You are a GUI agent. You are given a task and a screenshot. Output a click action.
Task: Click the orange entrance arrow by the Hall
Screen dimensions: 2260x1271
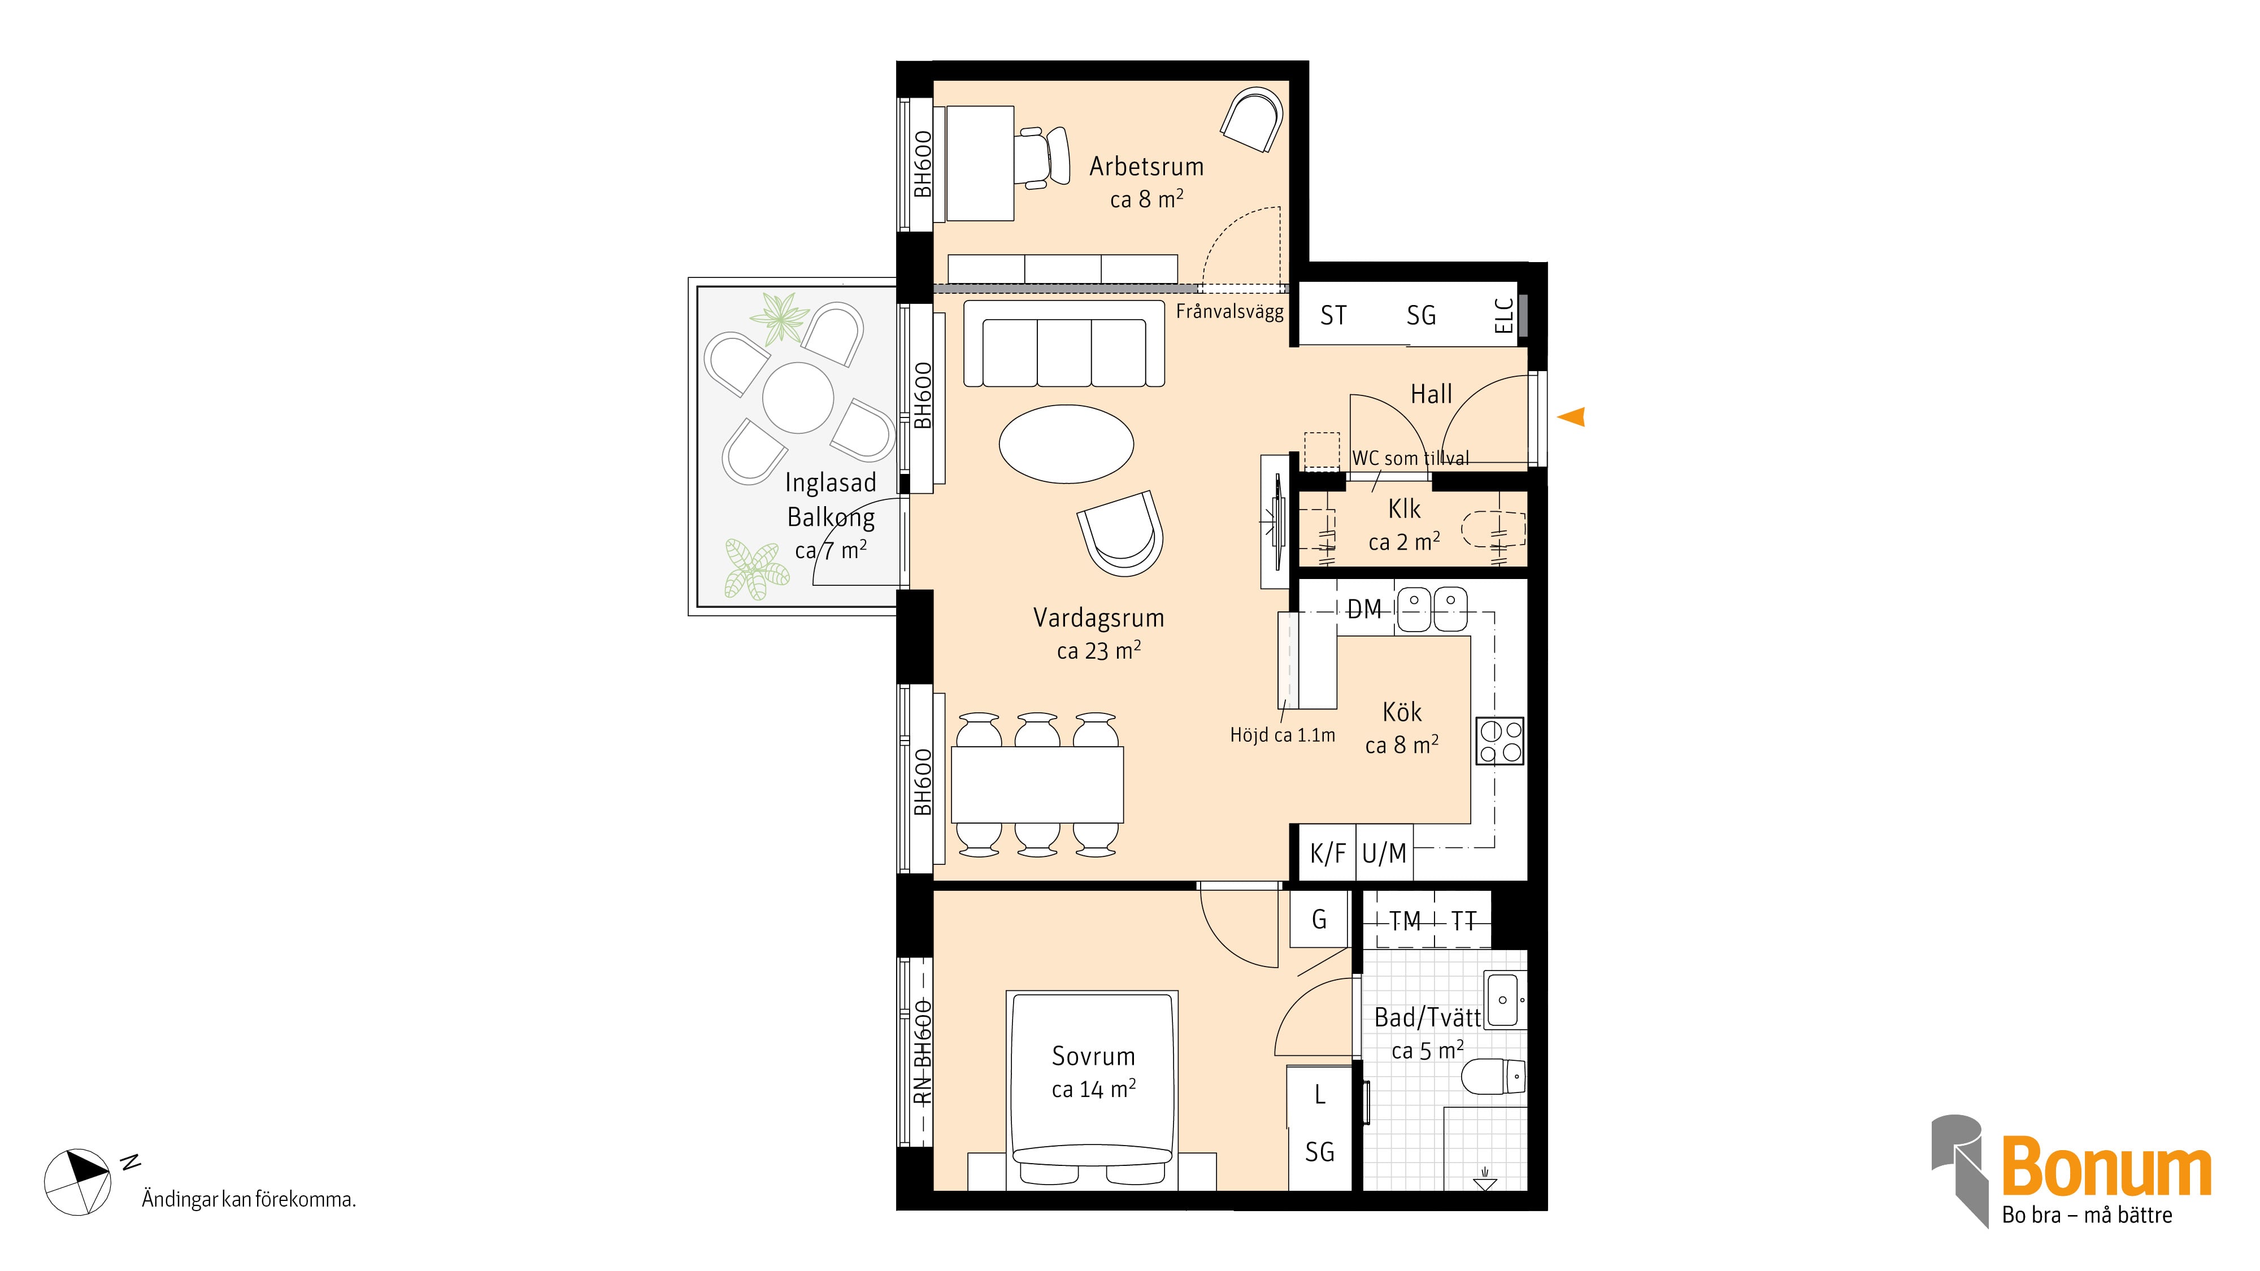coord(1572,417)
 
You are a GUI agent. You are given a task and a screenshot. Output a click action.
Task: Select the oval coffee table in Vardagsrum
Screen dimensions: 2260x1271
coord(1066,444)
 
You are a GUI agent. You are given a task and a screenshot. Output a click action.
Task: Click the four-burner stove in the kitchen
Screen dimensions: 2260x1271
coord(1500,741)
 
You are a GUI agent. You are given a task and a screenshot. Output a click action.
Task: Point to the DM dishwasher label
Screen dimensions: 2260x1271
coord(1364,610)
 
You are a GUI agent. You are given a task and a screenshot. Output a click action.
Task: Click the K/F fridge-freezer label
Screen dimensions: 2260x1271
coord(1327,854)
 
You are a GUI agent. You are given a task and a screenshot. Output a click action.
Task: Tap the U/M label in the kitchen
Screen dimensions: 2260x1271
coord(1384,854)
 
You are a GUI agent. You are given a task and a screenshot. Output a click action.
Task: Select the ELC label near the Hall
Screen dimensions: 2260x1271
coord(1503,316)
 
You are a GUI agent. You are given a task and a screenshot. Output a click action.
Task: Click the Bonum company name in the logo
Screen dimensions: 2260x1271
coord(2106,1166)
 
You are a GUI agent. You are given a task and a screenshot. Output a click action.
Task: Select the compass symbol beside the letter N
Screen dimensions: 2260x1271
coord(77,1182)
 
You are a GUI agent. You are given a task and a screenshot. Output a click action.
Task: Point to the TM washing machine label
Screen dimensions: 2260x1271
coord(1406,921)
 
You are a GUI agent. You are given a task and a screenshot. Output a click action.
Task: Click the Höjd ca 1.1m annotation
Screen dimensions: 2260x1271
coord(1282,735)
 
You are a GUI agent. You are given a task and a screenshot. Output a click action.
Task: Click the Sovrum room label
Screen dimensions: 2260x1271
coord(1093,1056)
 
